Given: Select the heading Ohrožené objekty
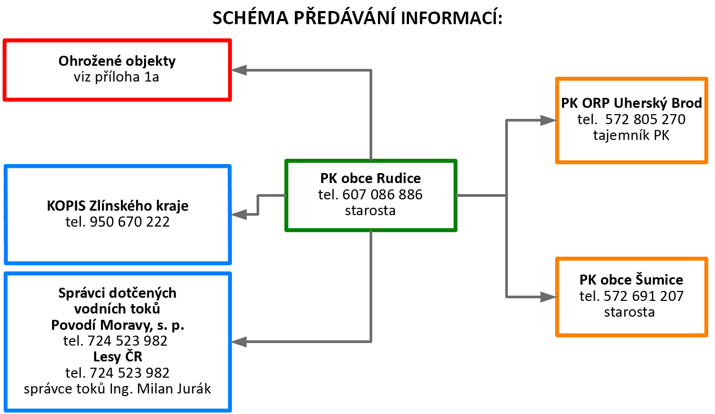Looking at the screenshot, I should pos(117,61).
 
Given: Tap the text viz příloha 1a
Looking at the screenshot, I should pos(117,77).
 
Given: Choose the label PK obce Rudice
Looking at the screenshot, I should pos(371,178).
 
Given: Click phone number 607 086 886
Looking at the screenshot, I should pos(382,195).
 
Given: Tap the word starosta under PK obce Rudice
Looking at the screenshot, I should pos(371,210).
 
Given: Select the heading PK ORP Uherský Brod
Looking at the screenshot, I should pos(631,103).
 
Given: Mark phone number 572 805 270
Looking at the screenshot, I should pos(645,119).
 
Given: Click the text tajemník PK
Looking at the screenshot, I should pos(631,135).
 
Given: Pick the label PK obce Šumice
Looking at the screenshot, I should pos(631,279).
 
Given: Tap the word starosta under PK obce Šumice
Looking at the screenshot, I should pos(629,312).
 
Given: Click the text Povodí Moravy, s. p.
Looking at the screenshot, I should pos(118,325).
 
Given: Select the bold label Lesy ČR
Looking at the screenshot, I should pos(118,357).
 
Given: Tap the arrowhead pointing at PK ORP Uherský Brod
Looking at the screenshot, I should pos(548,120).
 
